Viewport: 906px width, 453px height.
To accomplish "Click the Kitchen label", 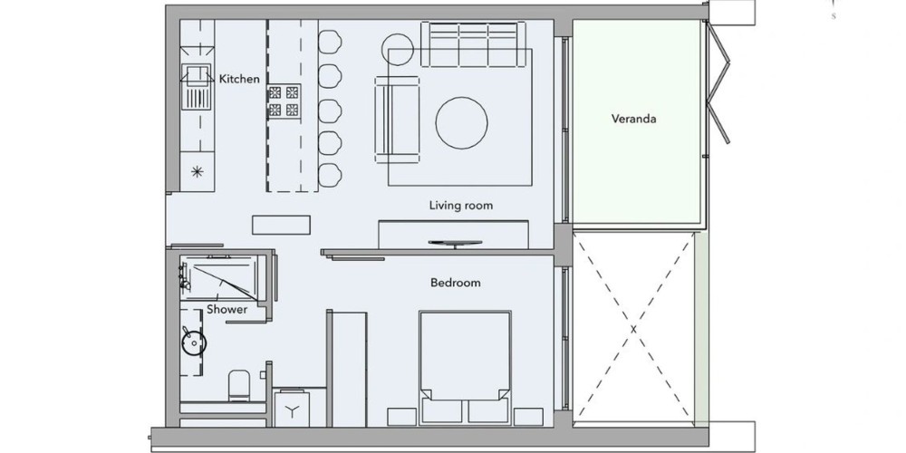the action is tap(239, 79).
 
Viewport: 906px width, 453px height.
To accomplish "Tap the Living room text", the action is tap(461, 206).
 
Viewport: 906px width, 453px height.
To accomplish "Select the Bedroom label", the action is tap(456, 283).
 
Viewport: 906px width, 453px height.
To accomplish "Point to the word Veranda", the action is tap(634, 119).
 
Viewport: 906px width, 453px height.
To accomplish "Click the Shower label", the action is tap(227, 309).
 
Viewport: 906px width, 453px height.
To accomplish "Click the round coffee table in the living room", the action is tap(462, 123).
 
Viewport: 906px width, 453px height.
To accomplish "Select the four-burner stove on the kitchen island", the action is tap(284, 101).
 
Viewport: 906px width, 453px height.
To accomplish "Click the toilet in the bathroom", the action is tap(238, 385).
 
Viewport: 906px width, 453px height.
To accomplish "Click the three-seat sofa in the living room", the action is tap(473, 44).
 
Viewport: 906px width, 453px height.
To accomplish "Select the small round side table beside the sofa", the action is tap(398, 49).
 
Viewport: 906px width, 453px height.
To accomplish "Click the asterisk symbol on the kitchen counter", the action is tap(198, 171).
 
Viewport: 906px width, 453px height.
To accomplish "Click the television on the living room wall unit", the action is tap(455, 244).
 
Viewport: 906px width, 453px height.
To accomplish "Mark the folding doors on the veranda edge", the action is tap(717, 82).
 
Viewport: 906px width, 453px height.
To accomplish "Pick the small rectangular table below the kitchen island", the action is tap(281, 225).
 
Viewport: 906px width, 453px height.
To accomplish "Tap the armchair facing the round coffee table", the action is tap(397, 120).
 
